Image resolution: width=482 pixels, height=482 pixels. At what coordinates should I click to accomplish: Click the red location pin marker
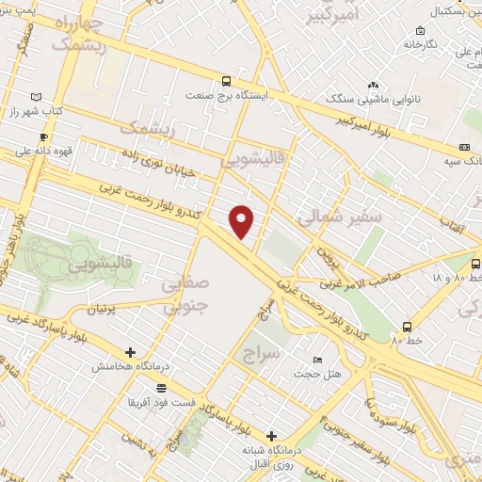click(242, 221)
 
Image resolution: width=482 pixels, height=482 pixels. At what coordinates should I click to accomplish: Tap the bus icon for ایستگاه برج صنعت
click(226, 81)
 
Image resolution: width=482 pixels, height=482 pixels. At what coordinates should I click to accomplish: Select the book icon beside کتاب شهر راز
click(36, 97)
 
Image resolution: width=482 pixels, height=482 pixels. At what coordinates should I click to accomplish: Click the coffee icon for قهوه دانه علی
click(43, 137)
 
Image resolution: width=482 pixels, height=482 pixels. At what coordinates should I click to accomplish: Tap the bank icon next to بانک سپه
click(465, 147)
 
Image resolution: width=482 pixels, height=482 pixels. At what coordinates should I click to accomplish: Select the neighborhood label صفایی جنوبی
click(184, 294)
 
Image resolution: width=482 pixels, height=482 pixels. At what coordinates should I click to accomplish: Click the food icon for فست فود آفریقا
click(162, 388)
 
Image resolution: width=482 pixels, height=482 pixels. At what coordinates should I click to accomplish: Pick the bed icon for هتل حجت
click(317, 361)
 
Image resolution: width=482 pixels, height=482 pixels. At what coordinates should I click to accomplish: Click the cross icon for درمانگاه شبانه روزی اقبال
click(272, 436)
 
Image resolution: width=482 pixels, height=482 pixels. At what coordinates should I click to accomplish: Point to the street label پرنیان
click(106, 309)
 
